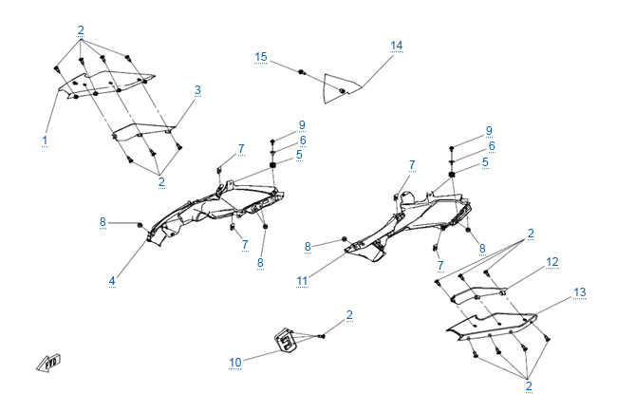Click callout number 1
pyautogui.click(x=45, y=140)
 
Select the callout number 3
pyautogui.click(x=197, y=90)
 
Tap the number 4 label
pyautogui.click(x=112, y=280)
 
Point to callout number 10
pyautogui.click(x=234, y=362)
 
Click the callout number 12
pyautogui.click(x=552, y=260)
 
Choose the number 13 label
pyautogui.click(x=580, y=293)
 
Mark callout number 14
pyautogui.click(x=397, y=46)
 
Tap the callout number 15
pyautogui.click(x=261, y=57)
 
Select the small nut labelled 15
pyautogui.click(x=301, y=72)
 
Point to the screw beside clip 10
pyautogui.click(x=323, y=335)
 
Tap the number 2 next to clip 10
pyautogui.click(x=349, y=314)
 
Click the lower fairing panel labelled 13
pyautogui.click(x=494, y=327)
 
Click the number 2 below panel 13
pyautogui.click(x=529, y=385)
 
